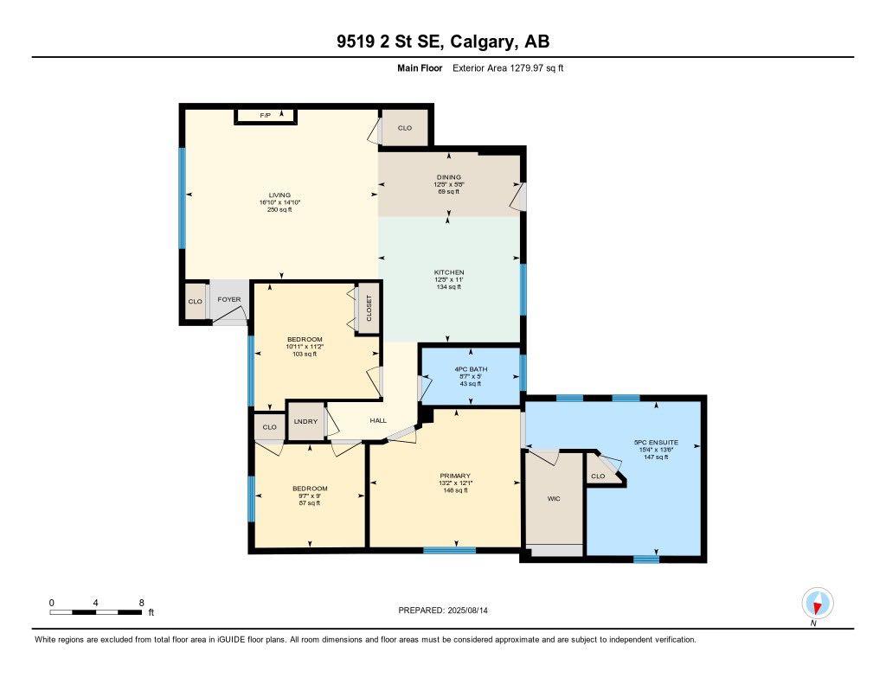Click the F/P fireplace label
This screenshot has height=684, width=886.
[265, 115]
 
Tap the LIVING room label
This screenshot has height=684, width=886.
[279, 195]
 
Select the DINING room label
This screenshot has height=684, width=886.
[448, 177]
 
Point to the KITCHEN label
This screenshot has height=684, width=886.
[450, 272]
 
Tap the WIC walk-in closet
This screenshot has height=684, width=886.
[554, 499]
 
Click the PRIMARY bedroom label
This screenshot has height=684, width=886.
[454, 476]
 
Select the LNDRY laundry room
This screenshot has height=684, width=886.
[305, 421]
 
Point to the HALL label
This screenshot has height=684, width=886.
[378, 421]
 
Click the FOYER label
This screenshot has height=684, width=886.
[228, 300]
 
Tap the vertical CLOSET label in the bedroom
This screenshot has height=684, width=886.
[369, 309]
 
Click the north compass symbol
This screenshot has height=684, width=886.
[817, 603]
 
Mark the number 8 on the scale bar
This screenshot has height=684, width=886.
[141, 602]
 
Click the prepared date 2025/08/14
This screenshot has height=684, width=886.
[473, 610]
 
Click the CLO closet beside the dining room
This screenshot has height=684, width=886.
[405, 128]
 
